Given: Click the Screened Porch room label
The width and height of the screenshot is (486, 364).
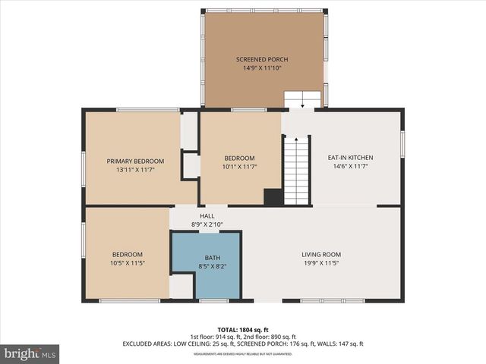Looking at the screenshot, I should (x=262, y=59).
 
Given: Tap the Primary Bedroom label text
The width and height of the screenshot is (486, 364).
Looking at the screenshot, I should (x=135, y=161).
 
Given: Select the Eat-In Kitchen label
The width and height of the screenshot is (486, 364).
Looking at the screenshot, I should (x=350, y=158).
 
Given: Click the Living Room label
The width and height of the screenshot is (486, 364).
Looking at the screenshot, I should (x=322, y=255).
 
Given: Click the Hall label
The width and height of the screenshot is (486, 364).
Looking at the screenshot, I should (x=207, y=215).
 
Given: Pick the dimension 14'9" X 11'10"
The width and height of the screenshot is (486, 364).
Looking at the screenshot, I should (x=262, y=68).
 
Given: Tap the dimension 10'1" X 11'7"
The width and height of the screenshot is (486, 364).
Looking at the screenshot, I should (x=238, y=166).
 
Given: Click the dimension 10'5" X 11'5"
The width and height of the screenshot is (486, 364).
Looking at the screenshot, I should (x=128, y=263).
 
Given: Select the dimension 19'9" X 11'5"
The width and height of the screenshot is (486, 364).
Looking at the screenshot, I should (x=322, y=263).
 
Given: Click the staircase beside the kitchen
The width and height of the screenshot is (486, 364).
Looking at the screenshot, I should (x=297, y=171).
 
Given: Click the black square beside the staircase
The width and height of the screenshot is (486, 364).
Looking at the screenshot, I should (x=273, y=197).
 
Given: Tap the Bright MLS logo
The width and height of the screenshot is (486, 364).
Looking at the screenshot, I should (x=30, y=353).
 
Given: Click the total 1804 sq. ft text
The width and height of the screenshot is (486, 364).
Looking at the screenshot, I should (x=243, y=329).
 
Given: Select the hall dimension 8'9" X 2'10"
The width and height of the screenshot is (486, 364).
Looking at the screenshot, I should (x=207, y=224).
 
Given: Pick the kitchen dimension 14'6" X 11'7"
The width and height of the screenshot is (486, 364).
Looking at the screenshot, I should (x=350, y=166).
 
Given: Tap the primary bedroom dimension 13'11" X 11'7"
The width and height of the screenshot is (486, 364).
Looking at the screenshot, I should (x=135, y=170).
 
